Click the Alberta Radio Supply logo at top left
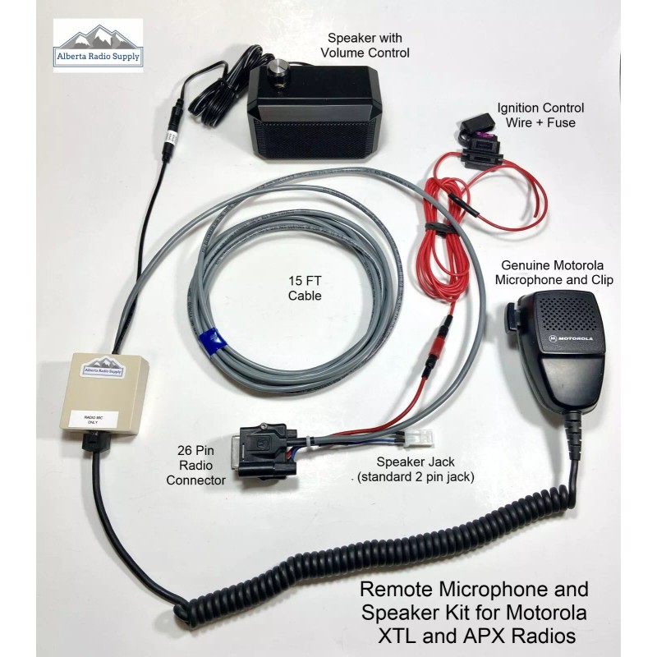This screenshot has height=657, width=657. pos(98,46)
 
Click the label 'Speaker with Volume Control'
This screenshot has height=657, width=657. pos(368,46)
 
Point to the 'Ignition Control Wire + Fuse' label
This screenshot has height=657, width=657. pos(540,115)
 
